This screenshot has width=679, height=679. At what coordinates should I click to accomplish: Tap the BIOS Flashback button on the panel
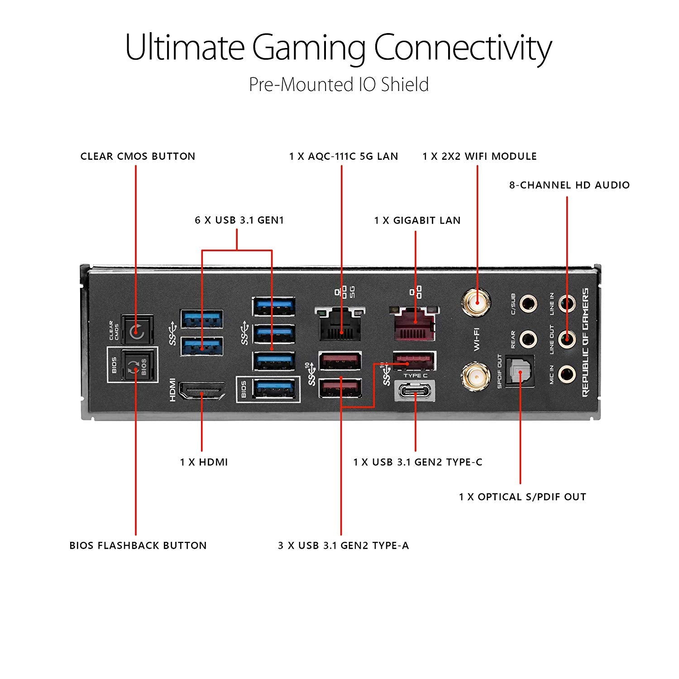coord(136,368)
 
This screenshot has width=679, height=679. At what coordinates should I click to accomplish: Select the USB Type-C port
coord(416,390)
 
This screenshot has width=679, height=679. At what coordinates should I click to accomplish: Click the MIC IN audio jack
coord(567,374)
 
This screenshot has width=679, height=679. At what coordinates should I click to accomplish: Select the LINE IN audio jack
coord(567,302)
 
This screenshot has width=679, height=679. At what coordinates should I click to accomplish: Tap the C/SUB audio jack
coord(528,303)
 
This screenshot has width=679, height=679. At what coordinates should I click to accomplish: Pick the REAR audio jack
coord(528,338)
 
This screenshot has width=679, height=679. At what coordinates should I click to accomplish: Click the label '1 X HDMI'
coord(204,462)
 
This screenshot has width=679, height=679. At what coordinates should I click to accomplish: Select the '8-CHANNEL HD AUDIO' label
coord(569,185)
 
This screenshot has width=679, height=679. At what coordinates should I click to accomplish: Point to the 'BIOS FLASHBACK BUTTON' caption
coord(138,545)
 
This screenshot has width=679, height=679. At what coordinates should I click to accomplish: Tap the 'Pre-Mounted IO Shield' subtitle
coord(339,85)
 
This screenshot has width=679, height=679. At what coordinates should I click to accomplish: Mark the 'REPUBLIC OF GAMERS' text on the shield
coord(585,342)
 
